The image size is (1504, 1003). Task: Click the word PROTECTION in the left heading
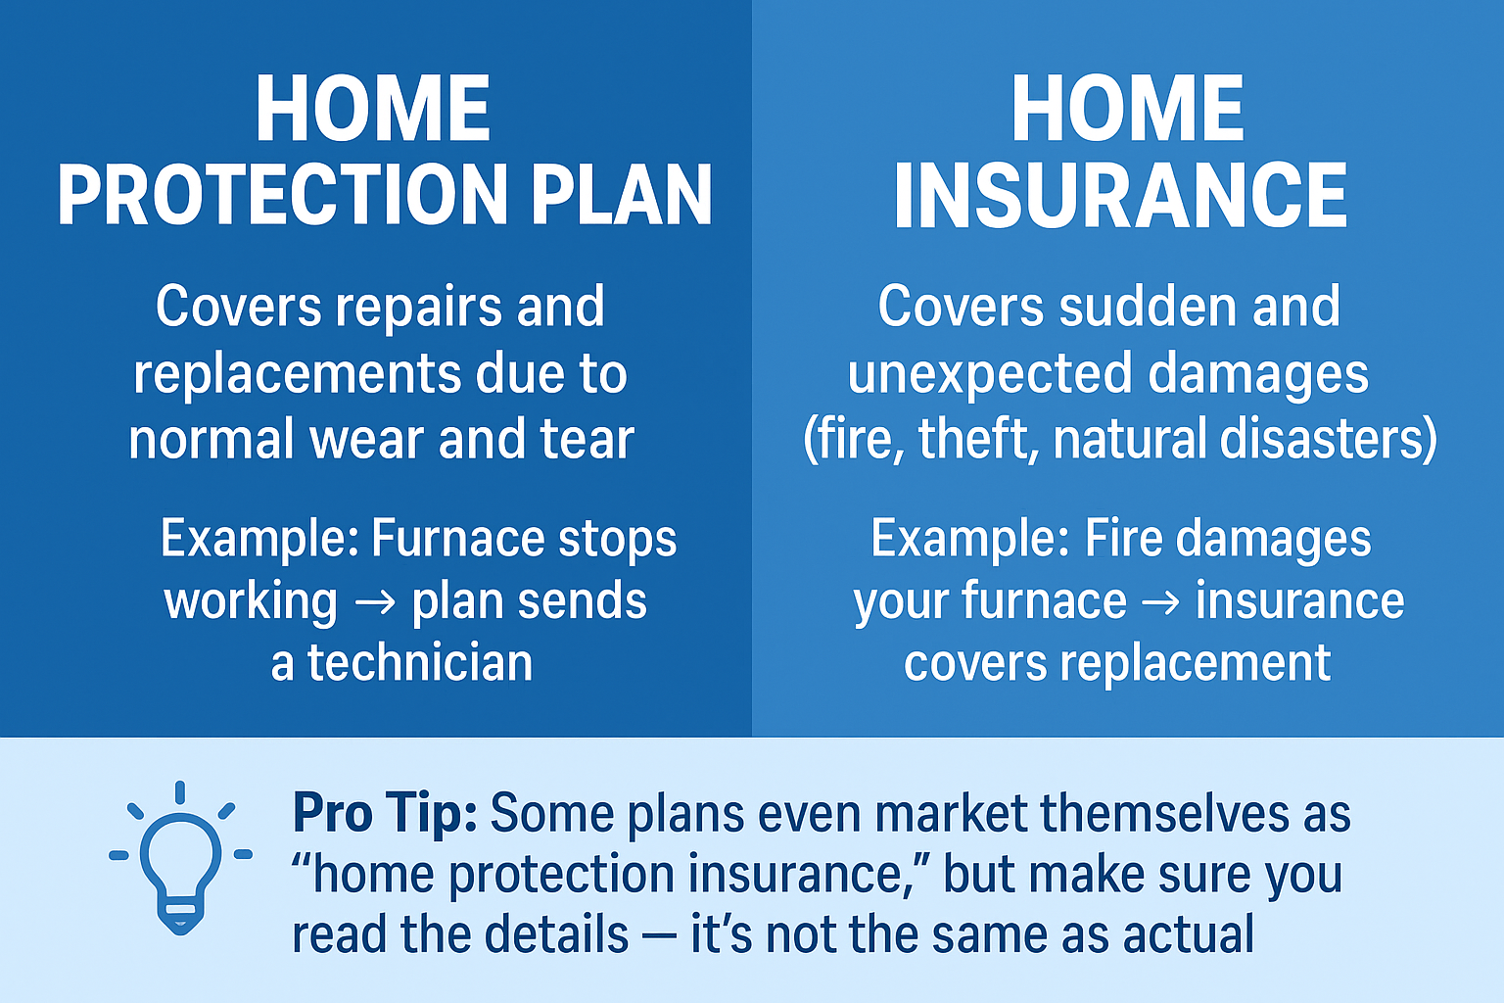pyautogui.click(x=283, y=195)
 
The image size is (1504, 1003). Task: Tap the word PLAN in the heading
pyautogui.click(x=622, y=195)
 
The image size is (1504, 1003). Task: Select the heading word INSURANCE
pyautogui.click(x=1120, y=196)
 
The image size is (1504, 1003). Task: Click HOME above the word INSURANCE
pyautogui.click(x=1128, y=108)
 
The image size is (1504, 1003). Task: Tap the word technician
pyautogui.click(x=420, y=662)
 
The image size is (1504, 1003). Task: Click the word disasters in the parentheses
pyautogui.click(x=1319, y=439)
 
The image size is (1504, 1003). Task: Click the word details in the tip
pyautogui.click(x=556, y=933)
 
